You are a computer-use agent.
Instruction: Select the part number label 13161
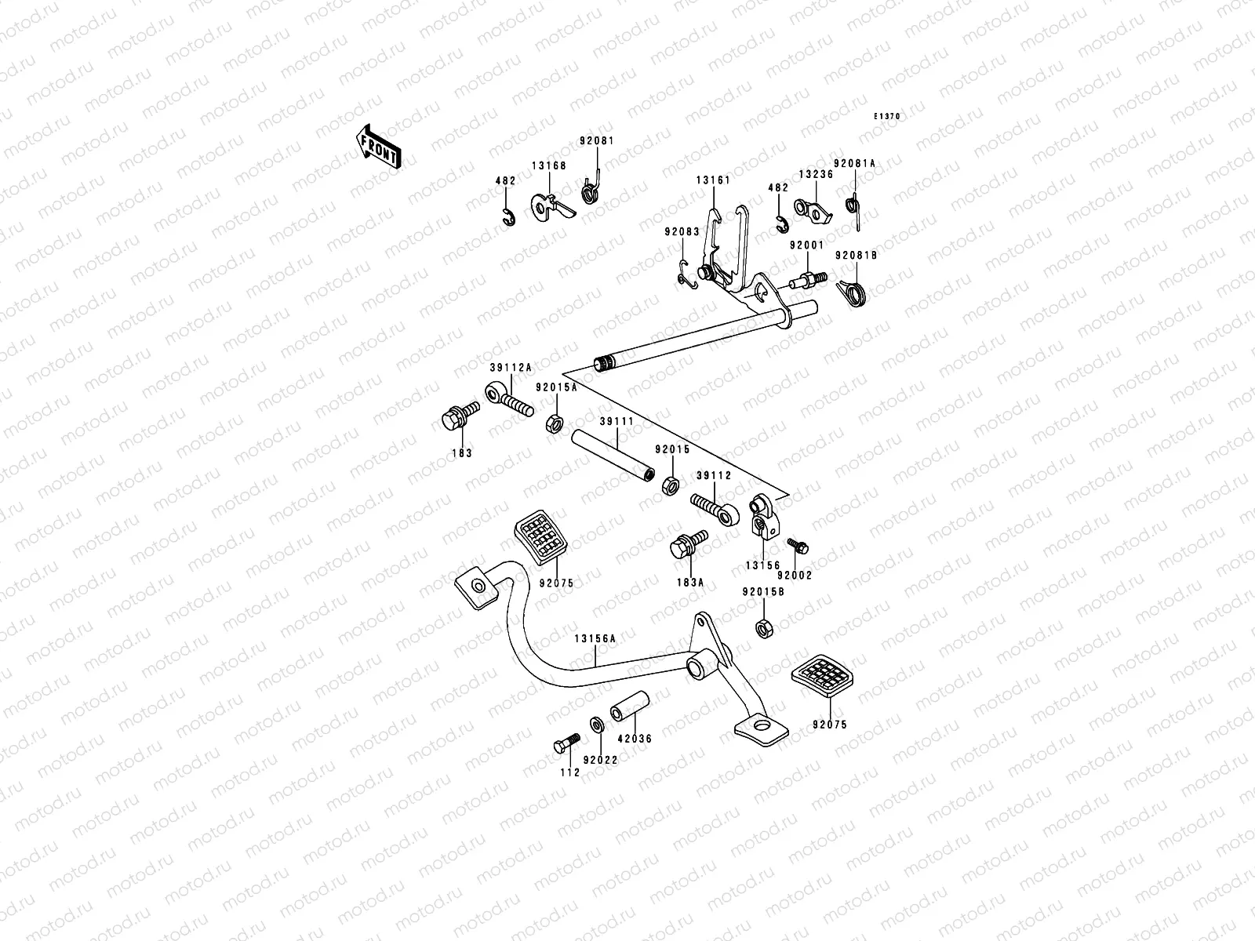[x=712, y=180]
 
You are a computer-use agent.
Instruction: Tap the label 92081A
[x=854, y=163]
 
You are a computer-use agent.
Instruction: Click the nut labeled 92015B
[x=762, y=627]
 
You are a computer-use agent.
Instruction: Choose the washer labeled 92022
[x=595, y=722]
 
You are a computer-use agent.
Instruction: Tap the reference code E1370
[x=887, y=116]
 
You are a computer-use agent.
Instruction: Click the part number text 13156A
[x=595, y=638]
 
